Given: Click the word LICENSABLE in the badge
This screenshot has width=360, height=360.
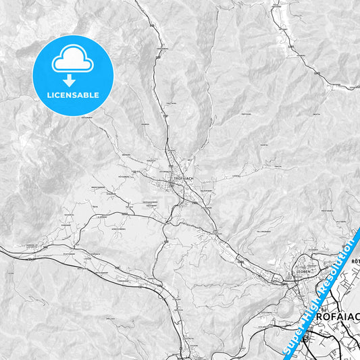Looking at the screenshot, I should pos(72,95).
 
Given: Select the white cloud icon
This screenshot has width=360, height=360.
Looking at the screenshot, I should pos(72,59).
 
